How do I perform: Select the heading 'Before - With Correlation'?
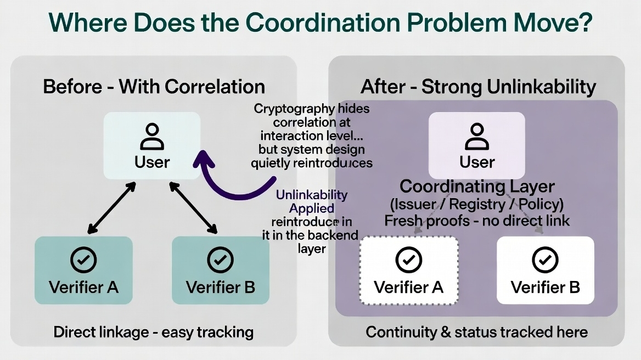point(154,87)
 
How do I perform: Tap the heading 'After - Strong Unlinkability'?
point(478,87)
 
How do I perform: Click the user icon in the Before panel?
point(152,137)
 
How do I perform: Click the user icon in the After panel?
point(477,137)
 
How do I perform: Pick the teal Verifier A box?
point(83,270)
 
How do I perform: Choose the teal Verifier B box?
point(221,270)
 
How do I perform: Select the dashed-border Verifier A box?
point(409,270)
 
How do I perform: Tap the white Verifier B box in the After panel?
point(546,270)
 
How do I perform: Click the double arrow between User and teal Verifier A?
point(112,207)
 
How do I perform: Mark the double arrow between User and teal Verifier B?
point(192,207)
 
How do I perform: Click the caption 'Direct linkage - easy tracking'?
point(154,331)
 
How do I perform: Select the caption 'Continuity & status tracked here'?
point(477,331)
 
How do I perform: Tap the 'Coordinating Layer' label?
point(477,187)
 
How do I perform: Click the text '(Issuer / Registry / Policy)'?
point(477,204)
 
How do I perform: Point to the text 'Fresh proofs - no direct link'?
point(477,221)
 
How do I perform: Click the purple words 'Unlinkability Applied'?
point(312,201)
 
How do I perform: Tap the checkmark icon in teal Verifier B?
point(221,260)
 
